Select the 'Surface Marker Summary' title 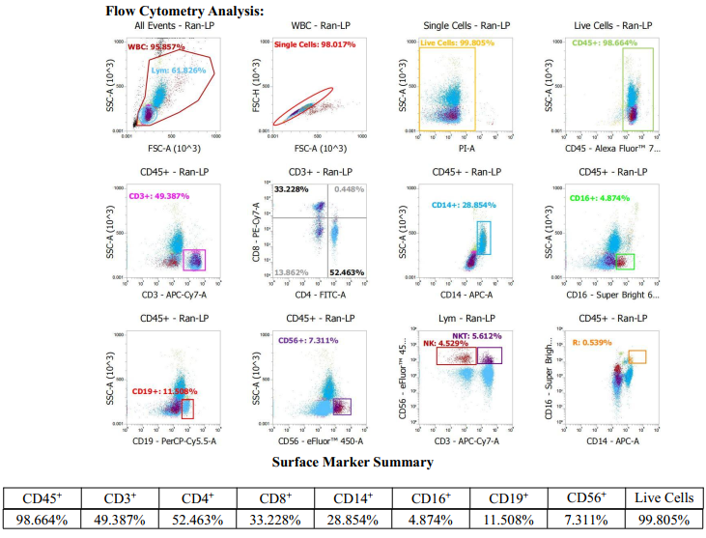[352, 462]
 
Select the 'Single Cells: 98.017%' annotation [315, 44]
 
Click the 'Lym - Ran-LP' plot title [473, 318]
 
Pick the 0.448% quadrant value [350, 188]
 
